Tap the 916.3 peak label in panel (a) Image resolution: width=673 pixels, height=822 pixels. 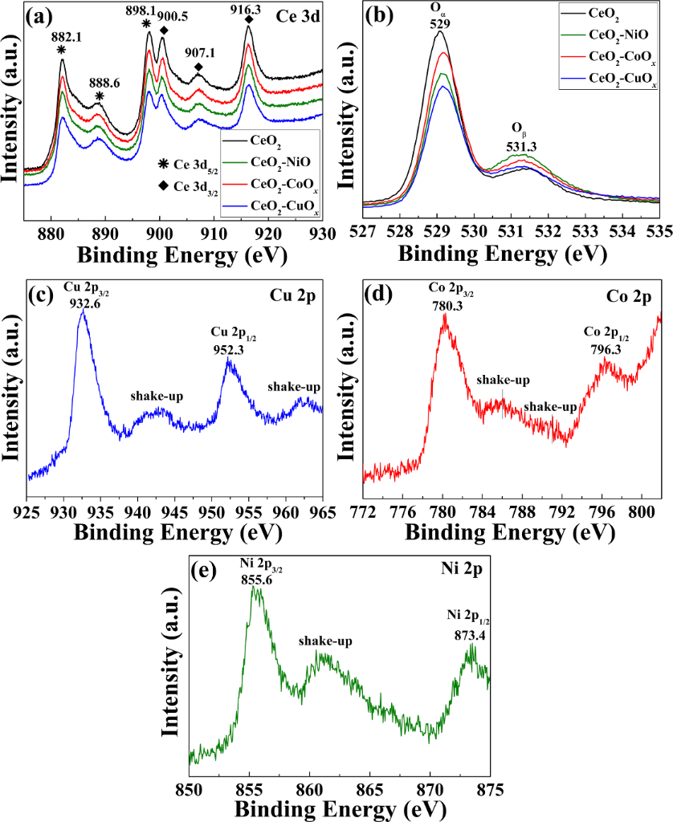click(x=249, y=9)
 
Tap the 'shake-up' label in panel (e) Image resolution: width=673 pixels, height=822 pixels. click(x=326, y=641)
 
